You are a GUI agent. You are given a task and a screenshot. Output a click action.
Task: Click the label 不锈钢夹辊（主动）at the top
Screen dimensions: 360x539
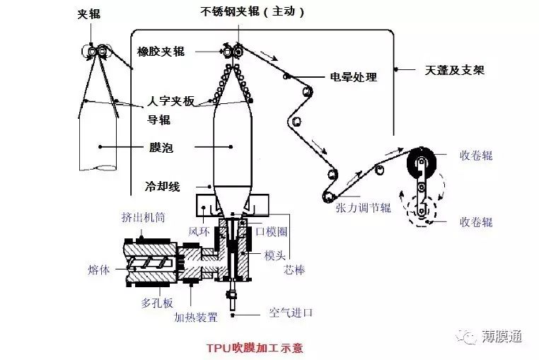(x=253, y=12)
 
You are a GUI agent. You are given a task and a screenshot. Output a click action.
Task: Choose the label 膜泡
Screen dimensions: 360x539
(x=162, y=148)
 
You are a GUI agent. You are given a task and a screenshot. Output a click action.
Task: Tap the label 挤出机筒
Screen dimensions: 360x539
(x=144, y=217)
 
